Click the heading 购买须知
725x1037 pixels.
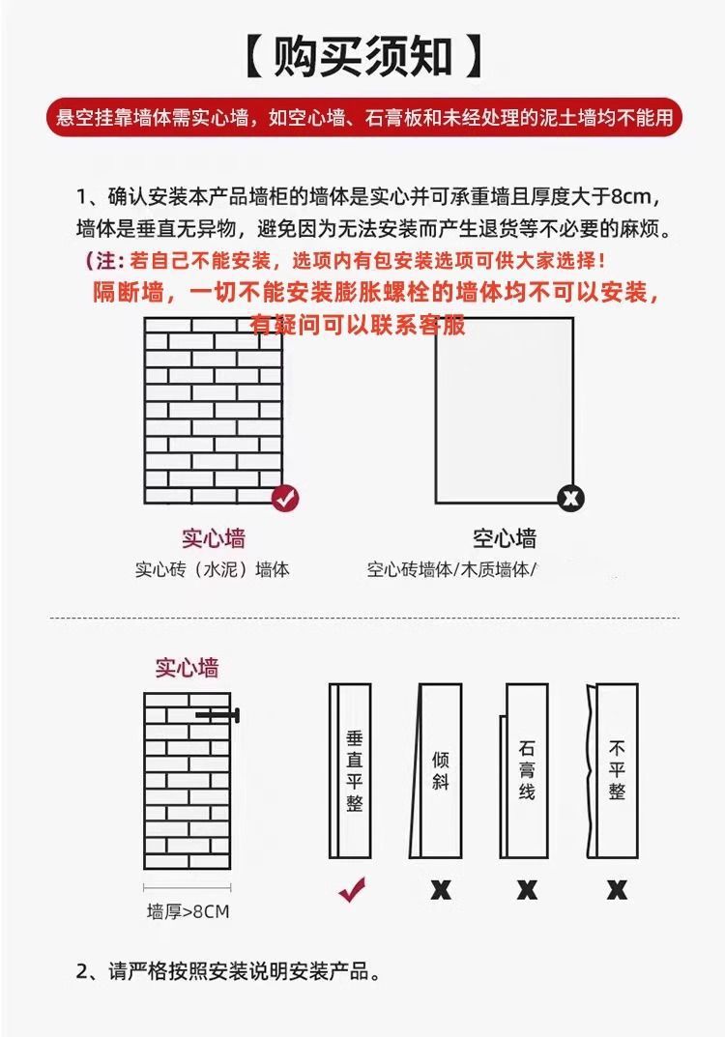coord(362,57)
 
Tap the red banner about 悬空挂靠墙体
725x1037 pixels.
coord(362,118)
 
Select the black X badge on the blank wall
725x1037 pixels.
coord(571,498)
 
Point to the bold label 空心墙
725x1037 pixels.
coord(505,538)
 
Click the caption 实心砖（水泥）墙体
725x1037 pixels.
coord(212,569)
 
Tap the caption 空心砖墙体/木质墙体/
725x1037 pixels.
coord(451,569)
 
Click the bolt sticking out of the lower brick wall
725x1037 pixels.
coord(219,715)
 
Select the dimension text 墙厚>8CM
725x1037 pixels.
coord(188,911)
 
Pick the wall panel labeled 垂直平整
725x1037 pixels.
coord(351,770)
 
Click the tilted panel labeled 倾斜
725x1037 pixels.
coord(440,770)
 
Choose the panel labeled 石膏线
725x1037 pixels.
coord(526,770)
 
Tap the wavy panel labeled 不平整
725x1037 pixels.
coord(616,770)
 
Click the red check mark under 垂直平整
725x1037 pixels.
coord(351,889)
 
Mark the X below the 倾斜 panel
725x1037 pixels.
coord(440,889)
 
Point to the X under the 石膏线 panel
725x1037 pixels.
coord(527,889)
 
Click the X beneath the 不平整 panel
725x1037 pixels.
coord(617,889)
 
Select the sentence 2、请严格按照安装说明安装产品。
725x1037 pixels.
coord(227,971)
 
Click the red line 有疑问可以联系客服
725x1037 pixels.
coord(358,325)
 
